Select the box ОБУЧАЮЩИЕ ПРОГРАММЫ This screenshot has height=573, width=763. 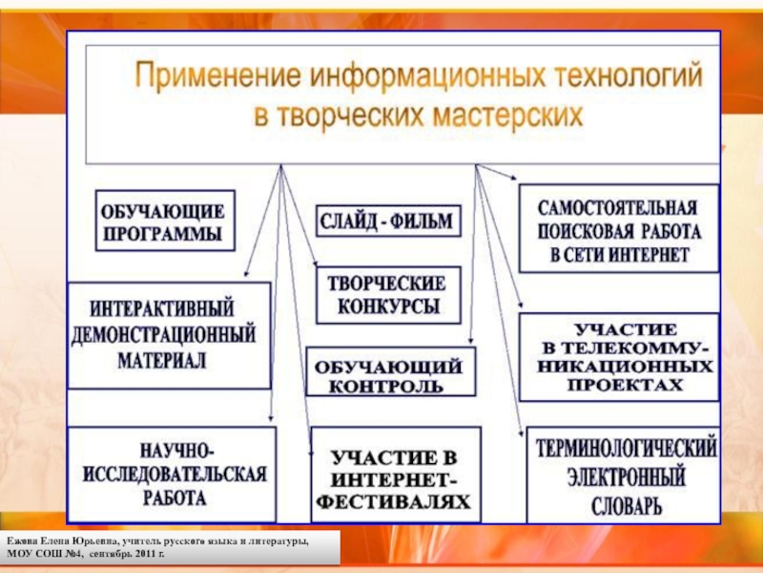[x=164, y=221]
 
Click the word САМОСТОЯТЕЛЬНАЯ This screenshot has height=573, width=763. [x=619, y=207]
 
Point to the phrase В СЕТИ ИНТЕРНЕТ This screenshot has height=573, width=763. [x=619, y=256]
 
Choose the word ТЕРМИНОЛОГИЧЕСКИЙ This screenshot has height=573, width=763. [x=626, y=447]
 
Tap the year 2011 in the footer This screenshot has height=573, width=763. [x=143, y=554]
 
